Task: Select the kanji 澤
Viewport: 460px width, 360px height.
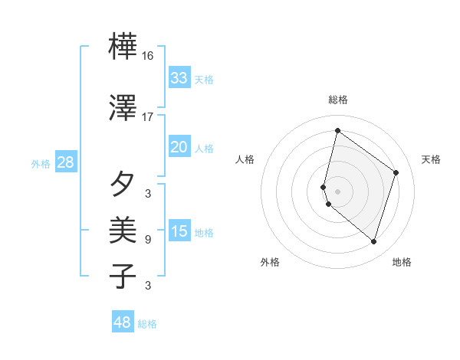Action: tap(123, 108)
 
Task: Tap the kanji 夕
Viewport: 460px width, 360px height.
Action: tap(123, 185)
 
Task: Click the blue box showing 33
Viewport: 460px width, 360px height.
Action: tap(179, 78)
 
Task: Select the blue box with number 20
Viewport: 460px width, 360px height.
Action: tap(179, 147)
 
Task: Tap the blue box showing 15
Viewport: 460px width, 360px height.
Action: tap(179, 231)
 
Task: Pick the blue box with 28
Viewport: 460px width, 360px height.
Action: tap(65, 162)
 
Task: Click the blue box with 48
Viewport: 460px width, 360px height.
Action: tap(123, 322)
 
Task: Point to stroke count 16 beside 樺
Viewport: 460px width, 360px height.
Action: tap(147, 56)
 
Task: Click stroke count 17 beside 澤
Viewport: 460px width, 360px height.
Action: tap(147, 117)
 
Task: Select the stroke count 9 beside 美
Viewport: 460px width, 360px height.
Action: tap(147, 240)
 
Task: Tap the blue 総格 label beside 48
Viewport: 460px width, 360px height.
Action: tap(147, 324)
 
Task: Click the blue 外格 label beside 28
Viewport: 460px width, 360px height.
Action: tap(41, 164)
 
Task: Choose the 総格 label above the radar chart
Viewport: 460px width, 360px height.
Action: tap(338, 100)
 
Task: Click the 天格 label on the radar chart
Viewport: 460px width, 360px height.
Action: tap(431, 159)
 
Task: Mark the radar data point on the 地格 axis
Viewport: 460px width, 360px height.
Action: tap(374, 242)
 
